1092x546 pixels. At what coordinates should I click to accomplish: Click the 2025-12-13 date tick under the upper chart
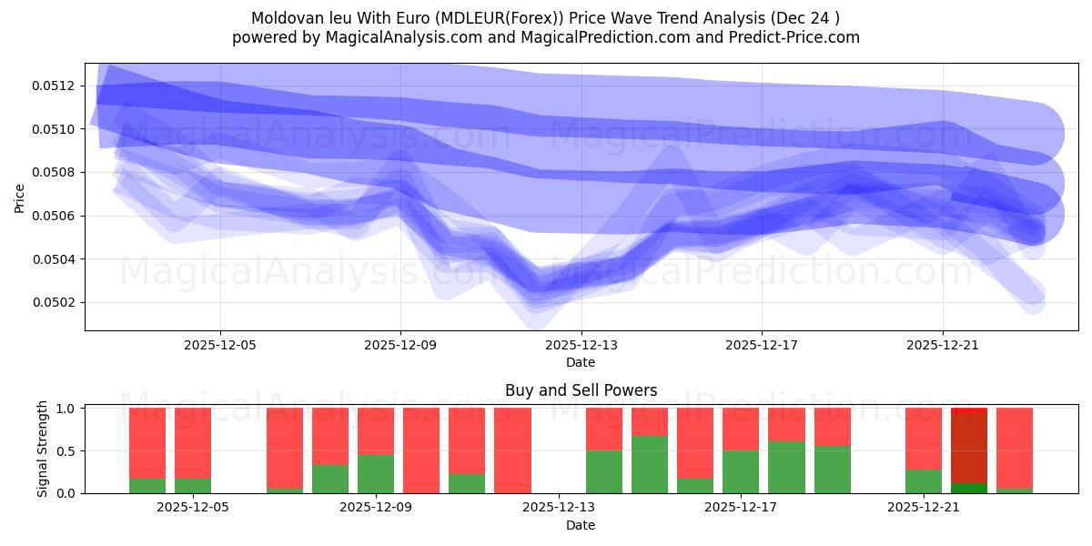click(x=581, y=346)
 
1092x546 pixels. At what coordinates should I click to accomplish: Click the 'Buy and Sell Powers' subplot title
click(x=581, y=390)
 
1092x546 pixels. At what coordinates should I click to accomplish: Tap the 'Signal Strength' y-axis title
click(x=43, y=450)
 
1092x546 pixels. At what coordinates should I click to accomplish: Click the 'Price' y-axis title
click(x=20, y=197)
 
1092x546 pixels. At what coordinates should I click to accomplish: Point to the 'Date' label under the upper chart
click(x=581, y=362)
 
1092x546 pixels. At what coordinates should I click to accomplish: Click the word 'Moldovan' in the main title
click(x=283, y=17)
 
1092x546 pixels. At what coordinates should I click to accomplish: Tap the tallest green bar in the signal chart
click(x=649, y=464)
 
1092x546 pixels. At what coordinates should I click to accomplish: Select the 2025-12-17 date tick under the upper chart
click(x=761, y=346)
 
